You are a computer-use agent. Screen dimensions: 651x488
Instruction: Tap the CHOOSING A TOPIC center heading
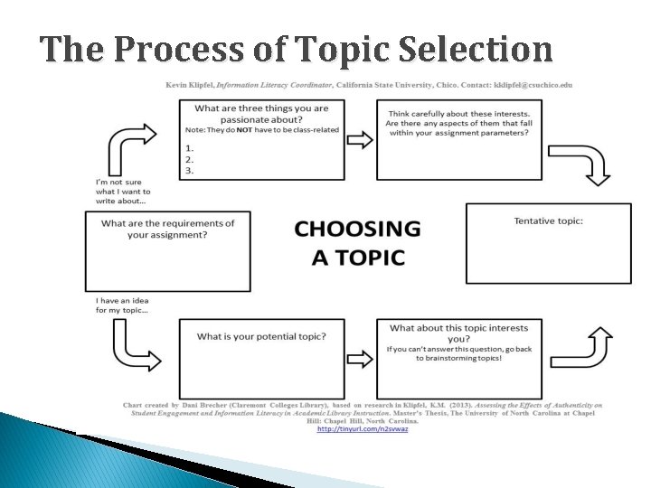(x=358, y=243)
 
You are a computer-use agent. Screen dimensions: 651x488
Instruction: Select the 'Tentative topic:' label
(x=548, y=221)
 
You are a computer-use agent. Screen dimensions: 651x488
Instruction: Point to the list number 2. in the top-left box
(x=190, y=158)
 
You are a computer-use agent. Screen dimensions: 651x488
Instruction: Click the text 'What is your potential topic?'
(x=262, y=336)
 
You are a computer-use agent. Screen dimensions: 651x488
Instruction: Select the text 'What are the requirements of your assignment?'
(x=168, y=229)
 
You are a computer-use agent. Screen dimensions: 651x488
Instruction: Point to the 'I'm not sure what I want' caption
(x=123, y=191)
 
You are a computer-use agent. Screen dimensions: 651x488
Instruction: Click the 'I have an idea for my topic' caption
(x=123, y=305)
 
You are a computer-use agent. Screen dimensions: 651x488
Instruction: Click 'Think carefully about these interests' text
(x=458, y=123)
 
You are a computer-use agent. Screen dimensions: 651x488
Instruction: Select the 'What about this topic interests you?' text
(x=458, y=333)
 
